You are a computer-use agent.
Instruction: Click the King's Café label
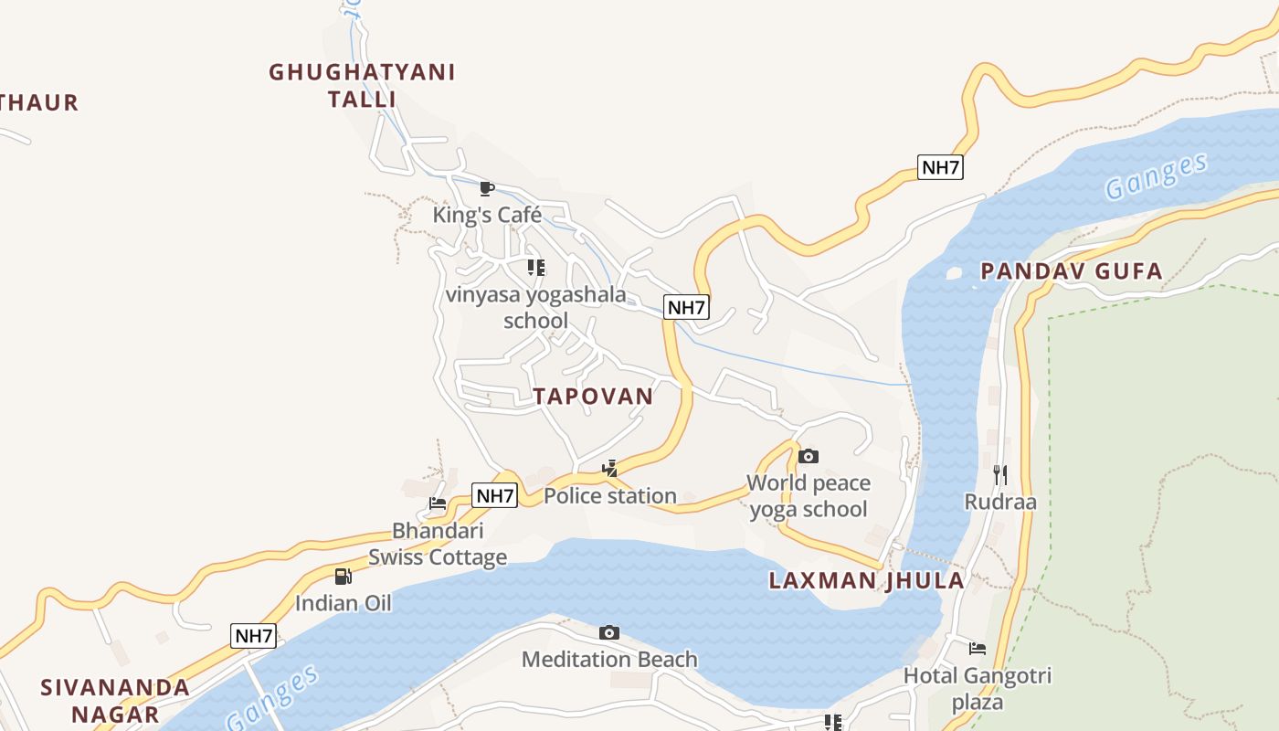click(x=487, y=215)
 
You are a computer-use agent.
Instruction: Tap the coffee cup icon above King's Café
click(x=487, y=189)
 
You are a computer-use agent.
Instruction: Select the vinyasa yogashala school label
click(x=536, y=307)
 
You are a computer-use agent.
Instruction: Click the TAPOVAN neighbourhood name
click(x=594, y=396)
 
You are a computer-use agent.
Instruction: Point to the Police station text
click(x=610, y=495)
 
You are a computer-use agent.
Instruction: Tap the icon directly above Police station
click(x=609, y=470)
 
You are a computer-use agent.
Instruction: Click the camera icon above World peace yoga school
click(x=809, y=456)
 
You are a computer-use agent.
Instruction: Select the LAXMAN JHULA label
click(x=866, y=580)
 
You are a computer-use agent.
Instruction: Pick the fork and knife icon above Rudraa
click(x=1000, y=474)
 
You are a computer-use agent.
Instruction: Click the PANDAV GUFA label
click(x=1071, y=270)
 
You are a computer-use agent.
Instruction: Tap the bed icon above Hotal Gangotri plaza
click(x=978, y=649)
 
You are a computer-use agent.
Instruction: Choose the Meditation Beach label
click(x=609, y=659)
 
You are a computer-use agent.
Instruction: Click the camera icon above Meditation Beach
click(x=609, y=632)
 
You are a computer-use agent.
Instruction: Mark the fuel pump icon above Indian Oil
click(x=344, y=576)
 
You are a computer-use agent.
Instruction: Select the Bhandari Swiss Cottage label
click(x=438, y=544)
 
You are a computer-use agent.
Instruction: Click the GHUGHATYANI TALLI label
click(x=362, y=85)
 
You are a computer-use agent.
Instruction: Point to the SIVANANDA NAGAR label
click(x=116, y=700)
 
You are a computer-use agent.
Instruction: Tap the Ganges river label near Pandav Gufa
click(x=1156, y=176)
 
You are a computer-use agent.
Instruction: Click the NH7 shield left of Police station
click(x=495, y=495)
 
